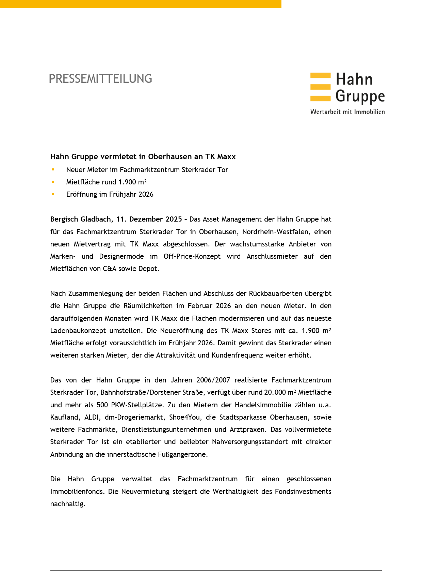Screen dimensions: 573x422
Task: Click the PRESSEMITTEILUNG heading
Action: point(100,79)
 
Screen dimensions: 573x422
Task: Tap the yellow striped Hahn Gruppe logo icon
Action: point(320,87)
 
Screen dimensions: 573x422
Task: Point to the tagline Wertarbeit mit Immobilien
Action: point(347,112)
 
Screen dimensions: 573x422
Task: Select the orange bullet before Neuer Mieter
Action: point(53,169)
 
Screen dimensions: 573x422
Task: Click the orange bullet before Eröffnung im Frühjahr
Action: point(53,194)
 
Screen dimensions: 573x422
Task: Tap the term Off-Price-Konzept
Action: point(192,256)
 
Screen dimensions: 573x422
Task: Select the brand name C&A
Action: point(110,269)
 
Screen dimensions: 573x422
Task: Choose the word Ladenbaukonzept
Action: point(78,331)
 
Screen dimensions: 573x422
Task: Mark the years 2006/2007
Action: point(213,380)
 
